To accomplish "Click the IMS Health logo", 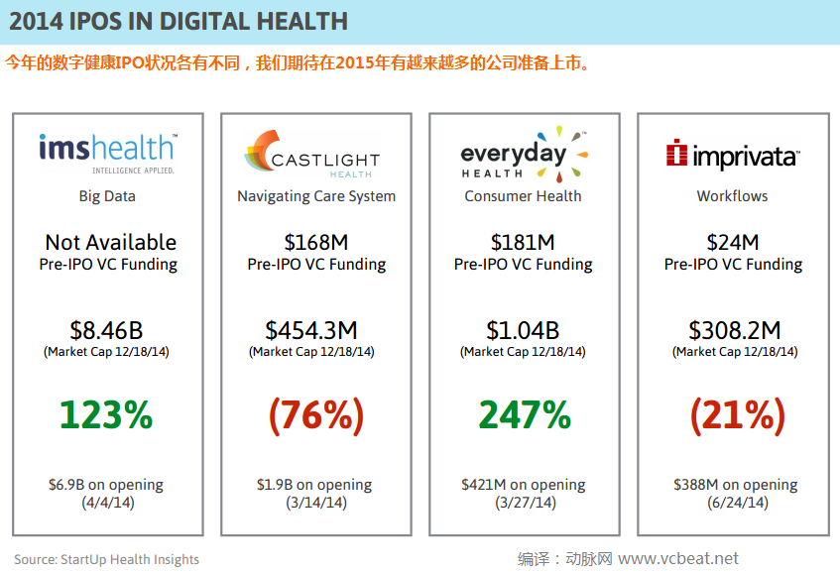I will pyautogui.click(x=107, y=152).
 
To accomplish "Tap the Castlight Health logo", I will pyautogui.click(x=310, y=154).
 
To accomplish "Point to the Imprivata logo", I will pyautogui.click(x=732, y=155).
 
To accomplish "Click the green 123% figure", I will pyautogui.click(x=106, y=414).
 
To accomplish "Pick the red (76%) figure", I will pyautogui.click(x=315, y=414).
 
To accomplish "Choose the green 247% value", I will pyautogui.click(x=525, y=414).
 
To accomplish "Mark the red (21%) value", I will pyautogui.click(x=734, y=414).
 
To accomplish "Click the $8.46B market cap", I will pyautogui.click(x=106, y=330).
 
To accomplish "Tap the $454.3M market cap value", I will pyautogui.click(x=311, y=330).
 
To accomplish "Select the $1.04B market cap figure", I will pyautogui.click(x=523, y=330).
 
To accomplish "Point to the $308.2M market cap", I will pyautogui.click(x=734, y=330).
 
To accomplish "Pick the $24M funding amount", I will pyautogui.click(x=733, y=242).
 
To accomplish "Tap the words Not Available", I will pyautogui.click(x=111, y=242).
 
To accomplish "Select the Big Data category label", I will pyautogui.click(x=107, y=196).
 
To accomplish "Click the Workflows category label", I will pyautogui.click(x=732, y=196).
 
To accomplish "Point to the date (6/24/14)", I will pyautogui.click(x=734, y=503).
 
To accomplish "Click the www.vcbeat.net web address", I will pyautogui.click(x=679, y=559).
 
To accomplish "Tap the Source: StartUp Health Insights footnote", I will pyautogui.click(x=107, y=560).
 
